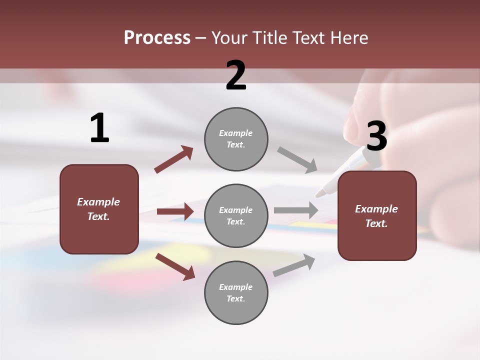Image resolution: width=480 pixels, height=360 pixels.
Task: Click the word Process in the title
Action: pyautogui.click(x=157, y=38)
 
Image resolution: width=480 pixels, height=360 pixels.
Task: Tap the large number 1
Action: pyautogui.click(x=99, y=128)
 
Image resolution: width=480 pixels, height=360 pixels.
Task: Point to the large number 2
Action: pyautogui.click(x=236, y=75)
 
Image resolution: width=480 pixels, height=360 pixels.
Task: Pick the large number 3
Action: pyautogui.click(x=376, y=136)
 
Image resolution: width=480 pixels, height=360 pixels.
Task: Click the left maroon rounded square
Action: pyautogui.click(x=99, y=209)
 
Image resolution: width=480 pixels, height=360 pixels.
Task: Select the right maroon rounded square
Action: pyautogui.click(x=377, y=216)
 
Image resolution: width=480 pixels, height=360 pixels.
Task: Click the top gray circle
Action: pyautogui.click(x=236, y=139)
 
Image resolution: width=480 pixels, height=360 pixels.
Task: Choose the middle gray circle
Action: pyautogui.click(x=236, y=215)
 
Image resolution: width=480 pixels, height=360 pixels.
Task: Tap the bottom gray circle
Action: pyautogui.click(x=236, y=292)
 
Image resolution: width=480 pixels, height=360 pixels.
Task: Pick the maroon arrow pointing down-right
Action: pyautogui.click(x=175, y=266)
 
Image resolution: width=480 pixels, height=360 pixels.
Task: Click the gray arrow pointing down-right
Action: pyautogui.click(x=297, y=160)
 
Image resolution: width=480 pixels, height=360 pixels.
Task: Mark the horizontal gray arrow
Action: pyautogui.click(x=295, y=210)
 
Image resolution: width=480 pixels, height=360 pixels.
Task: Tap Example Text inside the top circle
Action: pyautogui.click(x=236, y=139)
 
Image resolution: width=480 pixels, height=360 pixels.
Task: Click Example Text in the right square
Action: pyautogui.click(x=376, y=216)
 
